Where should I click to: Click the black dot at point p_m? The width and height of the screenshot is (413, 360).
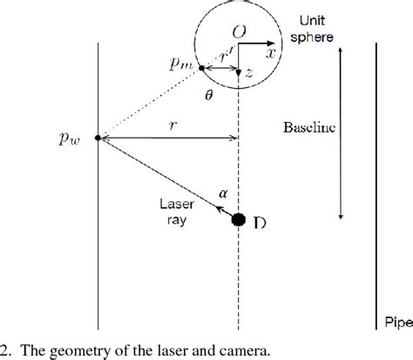[202, 67]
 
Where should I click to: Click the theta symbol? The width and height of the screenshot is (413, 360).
[208, 98]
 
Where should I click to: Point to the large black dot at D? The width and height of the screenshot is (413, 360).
[238, 219]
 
